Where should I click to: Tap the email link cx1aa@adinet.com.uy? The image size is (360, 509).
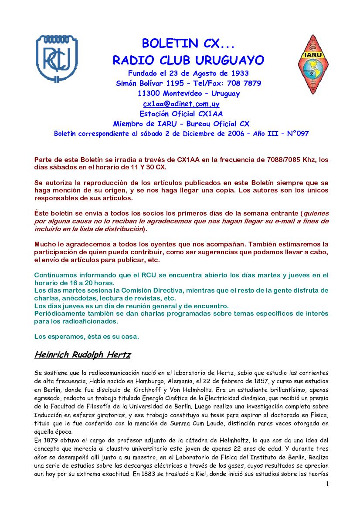pos(181,104)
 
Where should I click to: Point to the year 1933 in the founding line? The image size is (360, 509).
pos(239,73)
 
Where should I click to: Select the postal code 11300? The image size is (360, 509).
pos(147,94)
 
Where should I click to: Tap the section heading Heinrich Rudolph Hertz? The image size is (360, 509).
pos(82,355)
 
